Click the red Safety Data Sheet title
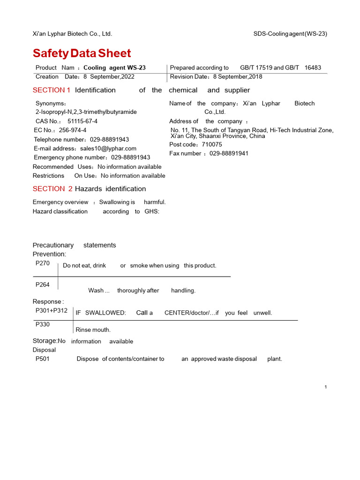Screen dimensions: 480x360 pos(82,53)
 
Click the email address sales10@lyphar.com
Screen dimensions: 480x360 pos(108,149)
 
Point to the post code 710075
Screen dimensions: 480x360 pos(212,144)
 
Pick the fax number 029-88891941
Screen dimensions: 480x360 pos(229,153)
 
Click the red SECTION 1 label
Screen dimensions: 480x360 pos(52,90)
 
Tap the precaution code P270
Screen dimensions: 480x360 pos(43,263)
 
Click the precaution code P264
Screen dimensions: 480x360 pos(43,285)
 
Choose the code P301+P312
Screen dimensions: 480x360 pos(52,310)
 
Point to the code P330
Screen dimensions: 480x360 pos(43,324)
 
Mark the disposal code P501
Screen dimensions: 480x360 pos(43,359)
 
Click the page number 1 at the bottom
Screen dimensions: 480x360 pos(325,387)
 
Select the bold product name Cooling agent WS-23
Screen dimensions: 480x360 pos(114,68)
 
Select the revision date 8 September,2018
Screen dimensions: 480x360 pos(238,77)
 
